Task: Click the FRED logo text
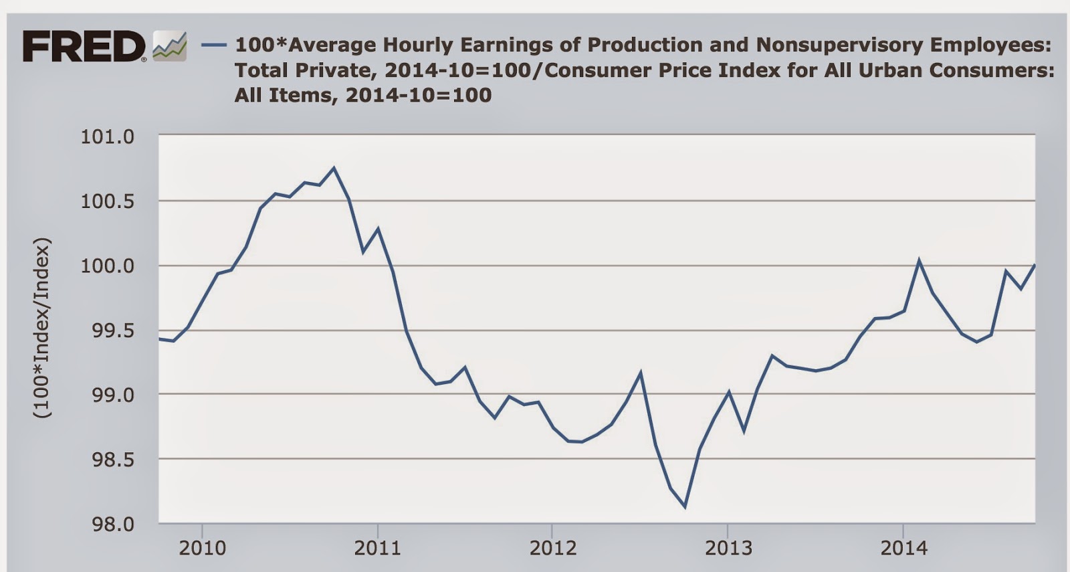(x=84, y=47)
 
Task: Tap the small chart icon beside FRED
(x=169, y=46)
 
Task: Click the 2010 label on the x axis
(x=202, y=549)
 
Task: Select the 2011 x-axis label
(x=377, y=549)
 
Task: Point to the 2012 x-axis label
(x=552, y=549)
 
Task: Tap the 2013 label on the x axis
(x=728, y=549)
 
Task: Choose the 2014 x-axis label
(x=903, y=549)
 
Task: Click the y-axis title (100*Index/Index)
(x=42, y=328)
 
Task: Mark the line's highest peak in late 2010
(x=334, y=168)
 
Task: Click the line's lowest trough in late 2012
(x=684, y=506)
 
